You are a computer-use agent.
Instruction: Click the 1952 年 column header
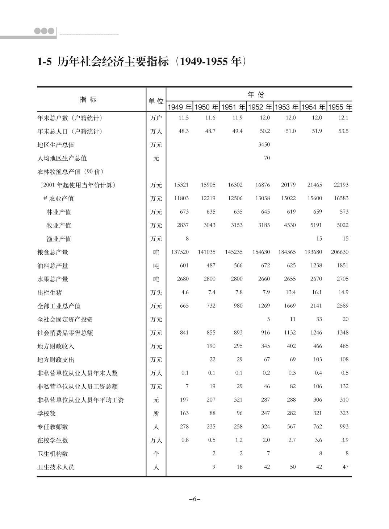pyautogui.click(x=260, y=107)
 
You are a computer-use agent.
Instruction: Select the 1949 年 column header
pyautogui.click(x=179, y=107)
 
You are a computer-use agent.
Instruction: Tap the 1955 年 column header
pyautogui.click(x=340, y=107)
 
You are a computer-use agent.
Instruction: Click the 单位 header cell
pyautogui.click(x=156, y=101)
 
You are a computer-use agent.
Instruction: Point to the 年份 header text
pyautogui.click(x=256, y=95)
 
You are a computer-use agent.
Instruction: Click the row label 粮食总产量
pyautogui.click(x=53, y=252)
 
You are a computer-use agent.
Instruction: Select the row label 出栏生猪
pyautogui.click(x=50, y=292)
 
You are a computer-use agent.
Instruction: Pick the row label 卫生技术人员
pyautogui.click(x=56, y=467)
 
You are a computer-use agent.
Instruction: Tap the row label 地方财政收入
pyautogui.click(x=56, y=346)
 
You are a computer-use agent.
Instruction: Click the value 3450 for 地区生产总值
pyautogui.click(x=264, y=144)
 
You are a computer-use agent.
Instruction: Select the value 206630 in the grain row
pyautogui.click(x=340, y=252)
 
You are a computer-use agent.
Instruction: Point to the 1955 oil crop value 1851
pyautogui.click(x=342, y=265)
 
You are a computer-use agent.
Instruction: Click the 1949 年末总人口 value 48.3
pyautogui.click(x=184, y=131)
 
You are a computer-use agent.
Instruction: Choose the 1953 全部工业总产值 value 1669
pyautogui.click(x=290, y=305)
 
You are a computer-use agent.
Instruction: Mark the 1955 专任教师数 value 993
pyautogui.click(x=344, y=426)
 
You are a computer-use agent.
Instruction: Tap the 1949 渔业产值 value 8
pyautogui.click(x=187, y=238)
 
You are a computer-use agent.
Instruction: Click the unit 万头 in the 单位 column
pyautogui.click(x=156, y=292)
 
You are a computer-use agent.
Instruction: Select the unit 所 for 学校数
pyautogui.click(x=156, y=413)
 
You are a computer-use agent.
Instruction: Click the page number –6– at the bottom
pyautogui.click(x=194, y=499)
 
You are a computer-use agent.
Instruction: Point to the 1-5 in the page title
pyautogui.click(x=45, y=62)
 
